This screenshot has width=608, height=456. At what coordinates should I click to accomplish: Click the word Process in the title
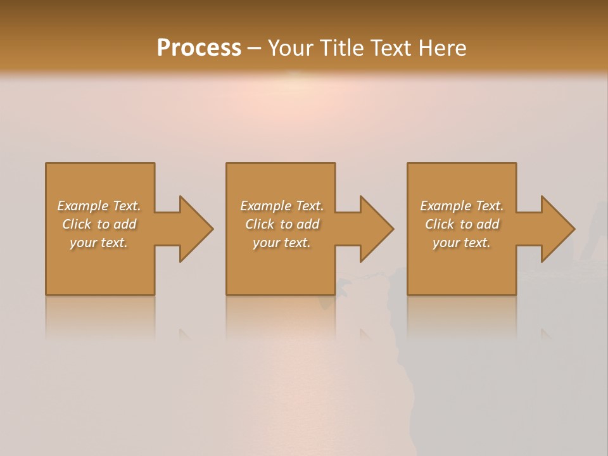pos(199,48)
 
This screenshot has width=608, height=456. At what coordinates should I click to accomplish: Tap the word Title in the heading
pos(342,48)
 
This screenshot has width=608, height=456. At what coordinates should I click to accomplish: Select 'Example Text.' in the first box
pos(99,206)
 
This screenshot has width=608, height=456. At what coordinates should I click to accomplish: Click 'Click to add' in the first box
pos(99,224)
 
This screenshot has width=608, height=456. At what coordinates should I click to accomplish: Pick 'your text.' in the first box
pos(99,243)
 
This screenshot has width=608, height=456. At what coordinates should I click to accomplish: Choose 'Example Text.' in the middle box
pos(282,206)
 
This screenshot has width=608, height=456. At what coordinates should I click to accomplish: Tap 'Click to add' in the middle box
pos(282,224)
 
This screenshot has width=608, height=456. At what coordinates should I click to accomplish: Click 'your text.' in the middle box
pos(282,243)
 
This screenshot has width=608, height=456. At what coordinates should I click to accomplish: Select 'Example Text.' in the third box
pos(462,206)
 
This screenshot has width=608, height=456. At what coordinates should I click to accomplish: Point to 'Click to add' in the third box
pos(462,224)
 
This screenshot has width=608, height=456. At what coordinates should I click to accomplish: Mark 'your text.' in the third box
pos(462,243)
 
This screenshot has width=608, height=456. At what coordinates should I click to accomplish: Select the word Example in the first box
pos(82,206)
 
